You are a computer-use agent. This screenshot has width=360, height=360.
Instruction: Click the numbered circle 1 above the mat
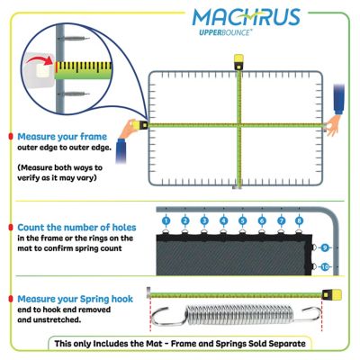click(x=166, y=220)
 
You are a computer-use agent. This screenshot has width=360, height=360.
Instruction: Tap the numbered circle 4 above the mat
click(x=223, y=220)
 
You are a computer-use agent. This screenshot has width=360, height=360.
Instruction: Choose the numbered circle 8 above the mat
click(x=299, y=220)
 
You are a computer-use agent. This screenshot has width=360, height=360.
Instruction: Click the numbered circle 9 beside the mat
click(x=325, y=247)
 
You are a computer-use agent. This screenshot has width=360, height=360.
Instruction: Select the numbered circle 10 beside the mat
click(x=325, y=266)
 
